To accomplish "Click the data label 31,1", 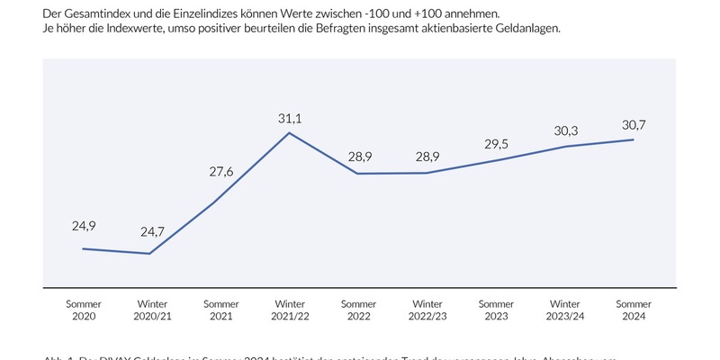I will (290, 118).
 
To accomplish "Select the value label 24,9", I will (84, 225).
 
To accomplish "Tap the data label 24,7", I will (152, 232).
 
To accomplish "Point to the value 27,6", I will (220, 171).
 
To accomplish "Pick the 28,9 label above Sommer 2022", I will (358, 157).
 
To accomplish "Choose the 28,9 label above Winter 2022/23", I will (427, 157).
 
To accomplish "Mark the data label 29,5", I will (496, 144).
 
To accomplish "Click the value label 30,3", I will (564, 130).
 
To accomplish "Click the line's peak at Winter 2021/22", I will (290, 133).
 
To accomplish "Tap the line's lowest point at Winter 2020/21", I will (149, 254).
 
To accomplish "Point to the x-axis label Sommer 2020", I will (84, 310).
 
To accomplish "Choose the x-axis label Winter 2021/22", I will (290, 310).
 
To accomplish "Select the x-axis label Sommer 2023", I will (496, 310).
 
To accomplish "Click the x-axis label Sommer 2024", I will (634, 310).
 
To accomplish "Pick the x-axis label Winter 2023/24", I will (564, 310).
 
